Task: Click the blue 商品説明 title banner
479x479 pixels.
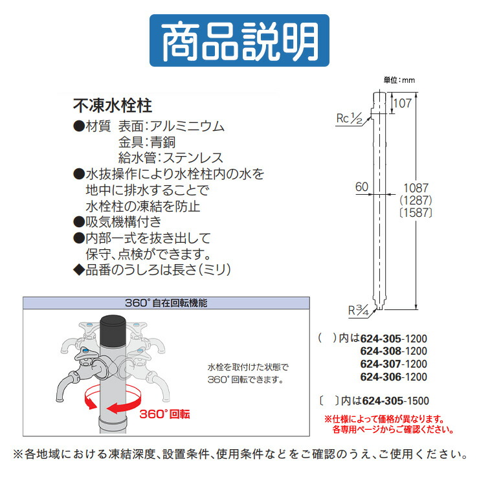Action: coord(239,40)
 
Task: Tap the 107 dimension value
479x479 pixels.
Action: coord(403,102)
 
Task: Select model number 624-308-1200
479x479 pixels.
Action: coord(393,351)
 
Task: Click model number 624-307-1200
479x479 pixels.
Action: coord(393,364)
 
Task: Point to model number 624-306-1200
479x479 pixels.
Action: coord(393,376)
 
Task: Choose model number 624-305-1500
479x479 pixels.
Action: coord(394,401)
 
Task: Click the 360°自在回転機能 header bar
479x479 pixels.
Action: coord(166,302)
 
